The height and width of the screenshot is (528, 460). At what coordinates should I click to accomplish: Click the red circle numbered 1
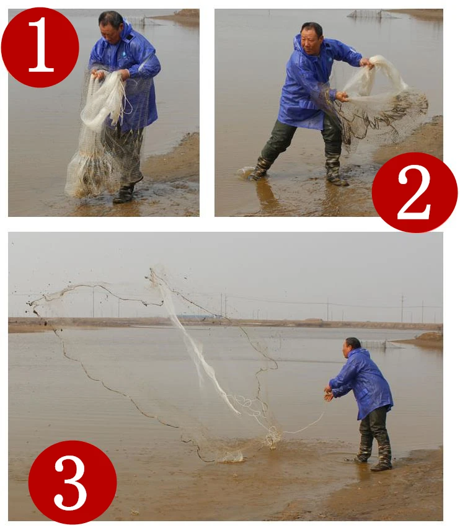(40, 48)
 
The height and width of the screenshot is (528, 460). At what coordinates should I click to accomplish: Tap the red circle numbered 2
(415, 192)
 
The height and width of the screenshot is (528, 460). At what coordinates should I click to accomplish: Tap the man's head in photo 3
(352, 347)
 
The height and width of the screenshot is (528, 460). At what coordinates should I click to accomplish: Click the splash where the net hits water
(232, 456)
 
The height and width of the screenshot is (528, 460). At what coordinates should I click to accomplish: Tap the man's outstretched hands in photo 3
(329, 394)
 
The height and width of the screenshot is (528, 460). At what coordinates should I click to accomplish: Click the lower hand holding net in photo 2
(342, 96)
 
